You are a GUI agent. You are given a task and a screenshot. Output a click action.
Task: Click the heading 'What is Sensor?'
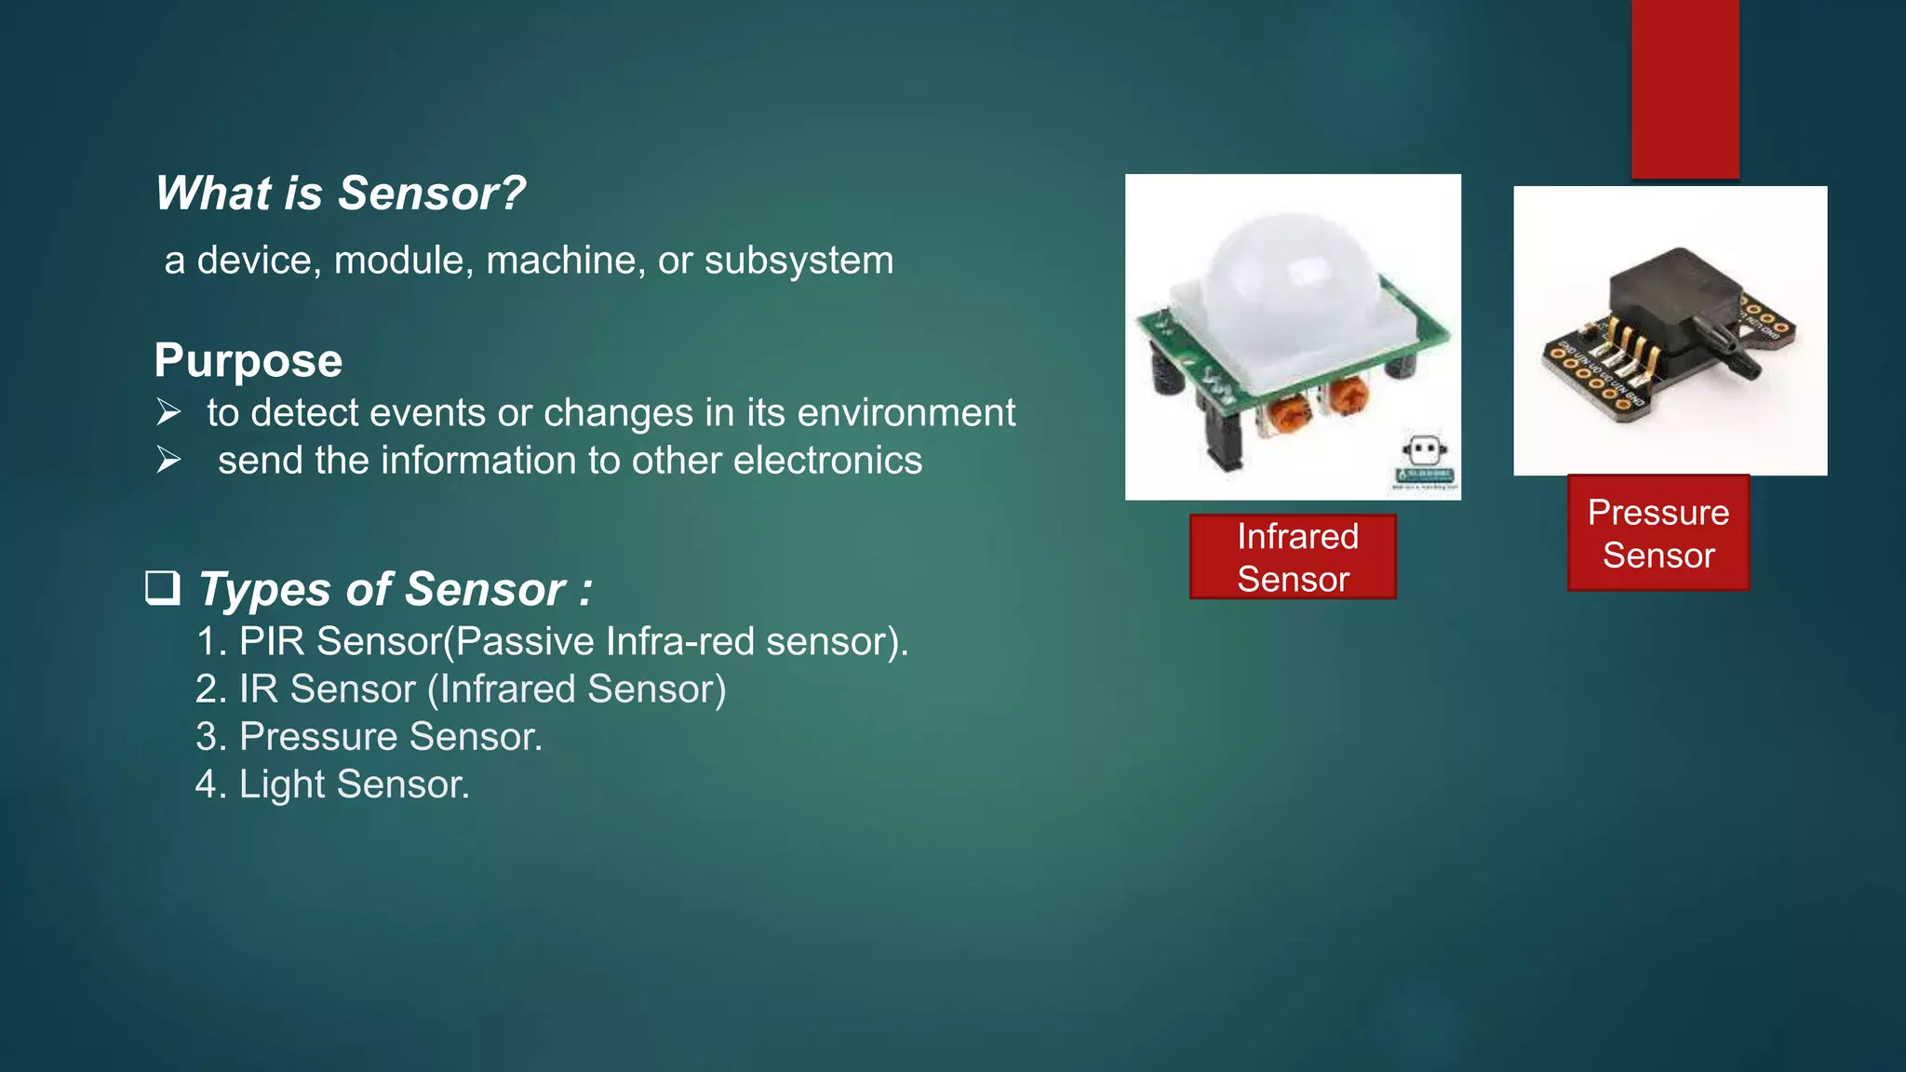tap(340, 194)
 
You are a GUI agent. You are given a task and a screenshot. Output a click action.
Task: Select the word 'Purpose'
tap(248, 361)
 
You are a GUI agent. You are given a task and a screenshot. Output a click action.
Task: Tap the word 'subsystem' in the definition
tap(799, 261)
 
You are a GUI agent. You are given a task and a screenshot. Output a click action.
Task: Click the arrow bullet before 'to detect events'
tap(168, 411)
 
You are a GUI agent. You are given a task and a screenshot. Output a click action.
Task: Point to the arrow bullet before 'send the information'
tap(168, 460)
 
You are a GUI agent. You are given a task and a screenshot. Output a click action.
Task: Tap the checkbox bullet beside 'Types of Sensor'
tap(163, 588)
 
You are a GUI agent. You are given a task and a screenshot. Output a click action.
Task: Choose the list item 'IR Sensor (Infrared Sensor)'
tap(461, 689)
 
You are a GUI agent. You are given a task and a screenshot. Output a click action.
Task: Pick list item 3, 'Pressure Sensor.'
tap(369, 737)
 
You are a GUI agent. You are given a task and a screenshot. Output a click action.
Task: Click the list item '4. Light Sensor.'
tap(332, 784)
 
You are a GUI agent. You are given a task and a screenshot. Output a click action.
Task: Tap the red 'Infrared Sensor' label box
tap(1293, 556)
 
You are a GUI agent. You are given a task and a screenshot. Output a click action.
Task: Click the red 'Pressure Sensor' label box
tap(1658, 533)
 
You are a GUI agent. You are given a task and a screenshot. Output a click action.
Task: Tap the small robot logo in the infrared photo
tap(1424, 452)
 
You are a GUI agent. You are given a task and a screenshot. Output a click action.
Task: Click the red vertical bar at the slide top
tap(1685, 88)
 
